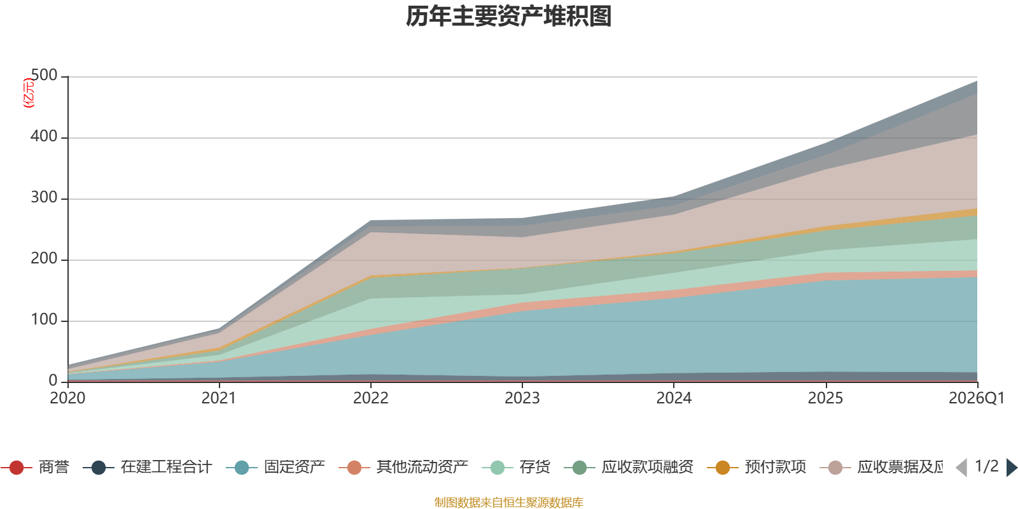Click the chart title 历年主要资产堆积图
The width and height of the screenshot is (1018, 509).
pyautogui.click(x=508, y=17)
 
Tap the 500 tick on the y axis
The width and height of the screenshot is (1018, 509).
pyautogui.click(x=44, y=76)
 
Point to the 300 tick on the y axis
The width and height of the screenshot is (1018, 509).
pyautogui.click(x=44, y=198)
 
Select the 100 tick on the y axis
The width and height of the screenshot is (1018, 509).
pyautogui.click(x=44, y=320)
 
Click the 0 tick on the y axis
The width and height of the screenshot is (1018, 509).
pyautogui.click(x=53, y=381)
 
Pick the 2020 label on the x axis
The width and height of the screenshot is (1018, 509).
pyautogui.click(x=67, y=398)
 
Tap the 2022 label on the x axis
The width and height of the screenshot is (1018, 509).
pyautogui.click(x=371, y=398)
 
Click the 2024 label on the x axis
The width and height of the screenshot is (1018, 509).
pyautogui.click(x=674, y=398)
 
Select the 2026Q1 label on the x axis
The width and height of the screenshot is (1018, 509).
pyautogui.click(x=977, y=398)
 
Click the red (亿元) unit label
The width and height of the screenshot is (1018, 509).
pyautogui.click(x=29, y=93)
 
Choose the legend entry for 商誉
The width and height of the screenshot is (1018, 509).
pyautogui.click(x=35, y=467)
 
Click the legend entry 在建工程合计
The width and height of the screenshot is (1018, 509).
pyautogui.click(x=148, y=467)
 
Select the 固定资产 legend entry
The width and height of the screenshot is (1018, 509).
pyautogui.click(x=275, y=467)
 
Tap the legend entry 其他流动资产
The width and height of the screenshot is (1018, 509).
pyautogui.click(x=403, y=467)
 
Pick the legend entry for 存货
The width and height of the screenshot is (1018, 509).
pyautogui.click(x=516, y=467)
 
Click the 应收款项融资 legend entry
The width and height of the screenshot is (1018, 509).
pyautogui.click(x=629, y=467)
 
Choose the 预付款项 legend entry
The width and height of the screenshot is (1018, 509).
pyautogui.click(x=757, y=467)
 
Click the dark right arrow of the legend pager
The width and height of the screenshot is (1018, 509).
pyautogui.click(x=1011, y=468)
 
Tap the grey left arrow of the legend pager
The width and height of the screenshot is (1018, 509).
pyautogui.click(x=962, y=468)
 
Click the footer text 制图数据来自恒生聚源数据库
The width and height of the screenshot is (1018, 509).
pyautogui.click(x=508, y=502)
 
